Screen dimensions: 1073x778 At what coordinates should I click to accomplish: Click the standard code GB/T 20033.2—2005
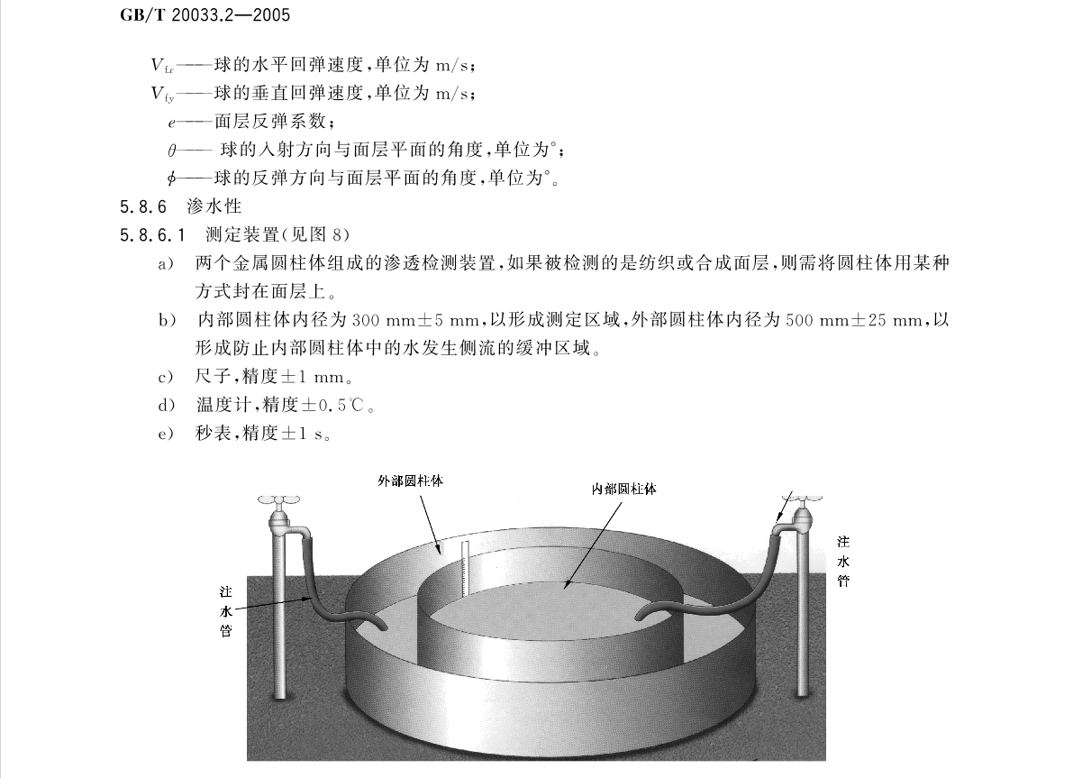point(205,14)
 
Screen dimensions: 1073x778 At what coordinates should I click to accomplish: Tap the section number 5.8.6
point(143,206)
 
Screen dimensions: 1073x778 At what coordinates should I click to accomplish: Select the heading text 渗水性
point(214,206)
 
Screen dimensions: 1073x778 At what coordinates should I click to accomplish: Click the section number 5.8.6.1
point(152,235)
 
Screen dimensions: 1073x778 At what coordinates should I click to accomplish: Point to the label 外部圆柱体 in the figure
point(411,481)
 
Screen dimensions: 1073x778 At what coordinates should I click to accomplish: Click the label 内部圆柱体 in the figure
point(623,489)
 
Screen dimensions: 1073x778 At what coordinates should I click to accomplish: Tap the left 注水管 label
point(226,611)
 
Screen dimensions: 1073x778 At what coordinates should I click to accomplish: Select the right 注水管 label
point(844,561)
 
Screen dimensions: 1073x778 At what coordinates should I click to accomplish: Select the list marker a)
point(167,263)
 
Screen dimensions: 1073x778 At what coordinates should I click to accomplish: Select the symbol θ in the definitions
point(172,150)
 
